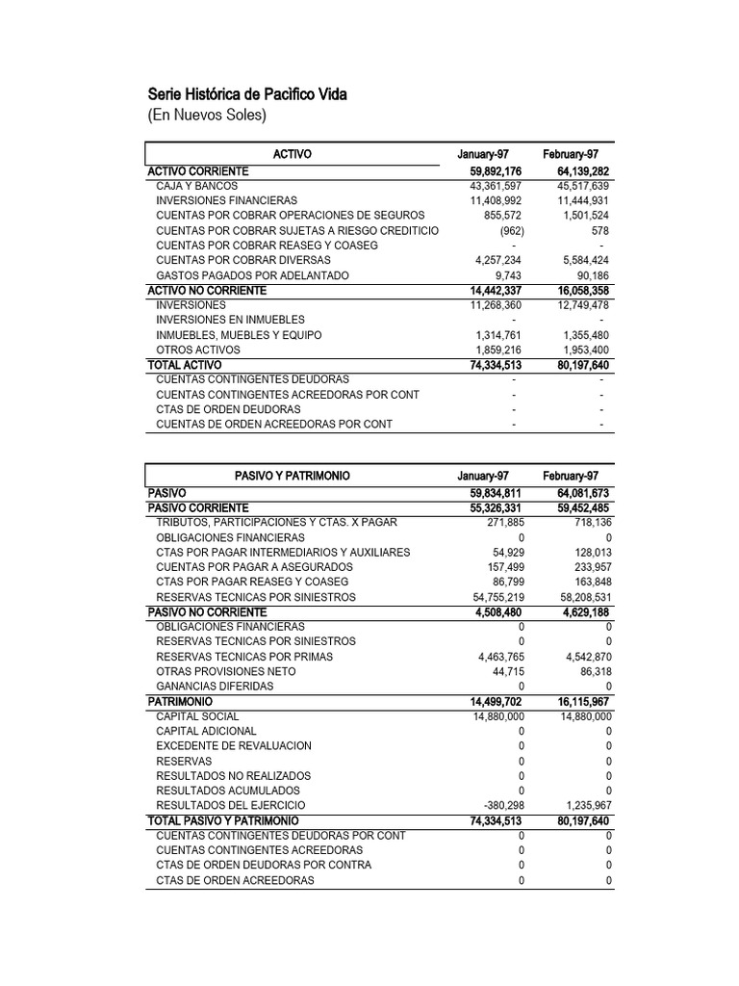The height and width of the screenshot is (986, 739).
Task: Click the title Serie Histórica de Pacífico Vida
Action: [247, 94]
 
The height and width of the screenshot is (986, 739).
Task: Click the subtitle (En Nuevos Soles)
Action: [207, 116]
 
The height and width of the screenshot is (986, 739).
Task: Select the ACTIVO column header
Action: [293, 155]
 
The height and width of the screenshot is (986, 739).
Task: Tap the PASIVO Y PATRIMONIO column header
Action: [293, 477]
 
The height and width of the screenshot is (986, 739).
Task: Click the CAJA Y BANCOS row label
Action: [196, 186]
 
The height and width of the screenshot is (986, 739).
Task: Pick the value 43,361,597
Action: [496, 186]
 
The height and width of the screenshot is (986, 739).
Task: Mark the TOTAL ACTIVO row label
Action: [184, 366]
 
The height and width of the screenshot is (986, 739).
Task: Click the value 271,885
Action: [501, 522]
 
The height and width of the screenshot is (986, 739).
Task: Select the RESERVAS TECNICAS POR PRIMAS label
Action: [243, 657]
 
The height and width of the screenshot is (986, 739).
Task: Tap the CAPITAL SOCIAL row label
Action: [197, 716]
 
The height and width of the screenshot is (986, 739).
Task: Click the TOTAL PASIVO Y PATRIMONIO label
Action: [222, 820]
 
